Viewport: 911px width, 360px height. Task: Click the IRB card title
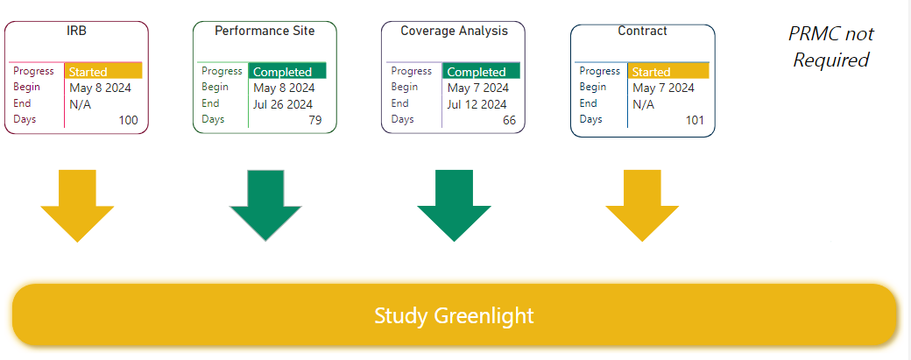[76, 31]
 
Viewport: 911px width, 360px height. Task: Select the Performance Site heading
[265, 31]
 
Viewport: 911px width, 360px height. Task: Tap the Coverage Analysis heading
[454, 31]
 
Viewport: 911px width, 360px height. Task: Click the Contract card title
[642, 31]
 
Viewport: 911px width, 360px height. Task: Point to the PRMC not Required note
[830, 46]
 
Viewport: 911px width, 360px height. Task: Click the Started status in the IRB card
[88, 72]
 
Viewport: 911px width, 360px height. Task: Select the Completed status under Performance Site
[282, 72]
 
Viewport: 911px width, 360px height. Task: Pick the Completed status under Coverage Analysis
[477, 72]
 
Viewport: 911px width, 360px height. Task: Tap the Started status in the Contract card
[652, 72]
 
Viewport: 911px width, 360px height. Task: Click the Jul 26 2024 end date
[283, 104]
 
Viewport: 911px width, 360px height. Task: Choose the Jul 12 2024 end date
[477, 104]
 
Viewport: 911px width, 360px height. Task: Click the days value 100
[129, 120]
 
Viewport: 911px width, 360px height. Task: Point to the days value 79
[314, 120]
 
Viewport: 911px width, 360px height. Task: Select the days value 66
[509, 120]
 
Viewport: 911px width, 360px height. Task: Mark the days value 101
[695, 120]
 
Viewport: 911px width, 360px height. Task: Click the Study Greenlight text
[454, 316]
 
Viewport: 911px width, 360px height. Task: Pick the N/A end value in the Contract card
[643, 104]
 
